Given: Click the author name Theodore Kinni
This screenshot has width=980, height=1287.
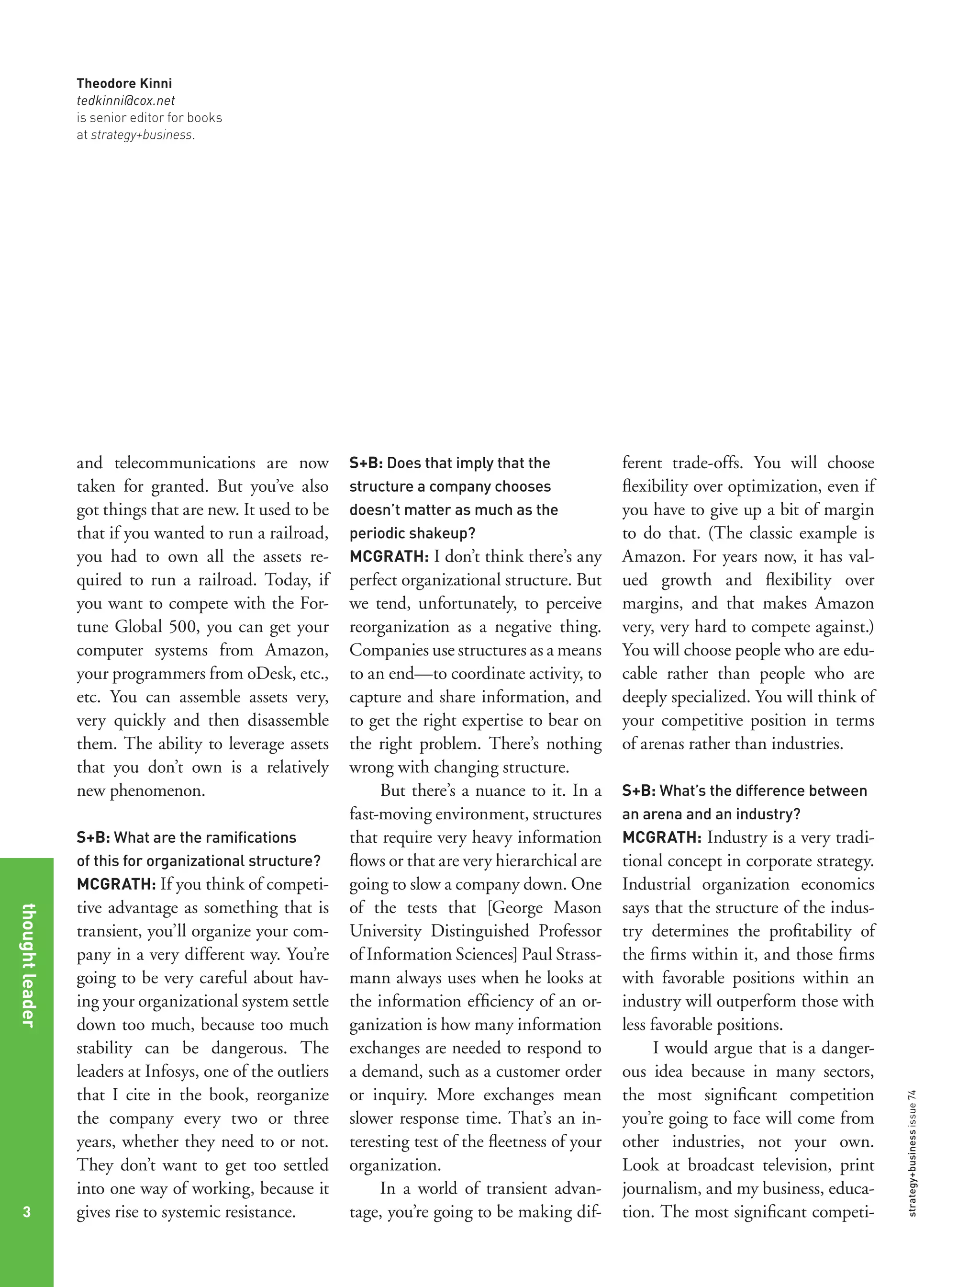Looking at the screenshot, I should (124, 83).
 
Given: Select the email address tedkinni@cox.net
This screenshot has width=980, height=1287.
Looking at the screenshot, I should (125, 101).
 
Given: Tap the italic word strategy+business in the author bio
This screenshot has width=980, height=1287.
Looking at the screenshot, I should (141, 135).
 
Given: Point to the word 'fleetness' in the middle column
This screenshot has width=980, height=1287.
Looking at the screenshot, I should (513, 1141).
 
